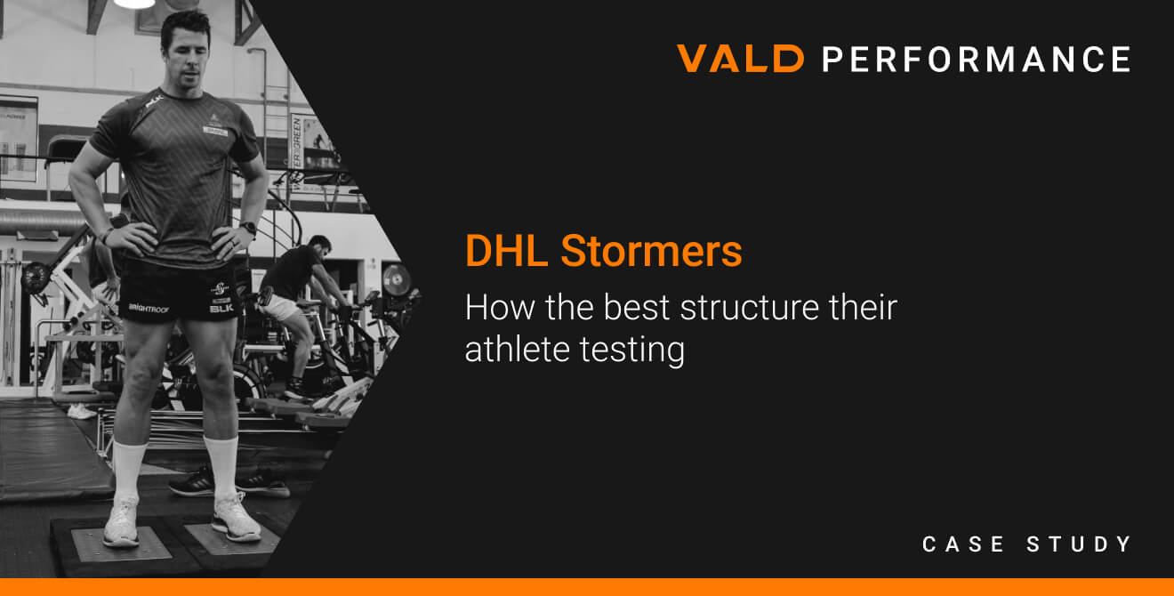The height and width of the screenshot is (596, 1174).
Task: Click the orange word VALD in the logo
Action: point(740,59)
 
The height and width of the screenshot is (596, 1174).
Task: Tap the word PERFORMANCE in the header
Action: point(976,59)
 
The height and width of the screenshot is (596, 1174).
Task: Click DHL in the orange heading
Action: point(506,252)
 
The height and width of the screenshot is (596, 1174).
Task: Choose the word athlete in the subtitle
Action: point(516,349)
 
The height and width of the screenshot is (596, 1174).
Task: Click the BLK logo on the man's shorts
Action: point(221,308)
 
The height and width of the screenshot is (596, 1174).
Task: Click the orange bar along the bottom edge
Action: point(587,587)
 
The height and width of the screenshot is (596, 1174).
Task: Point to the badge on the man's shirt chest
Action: point(215,127)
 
